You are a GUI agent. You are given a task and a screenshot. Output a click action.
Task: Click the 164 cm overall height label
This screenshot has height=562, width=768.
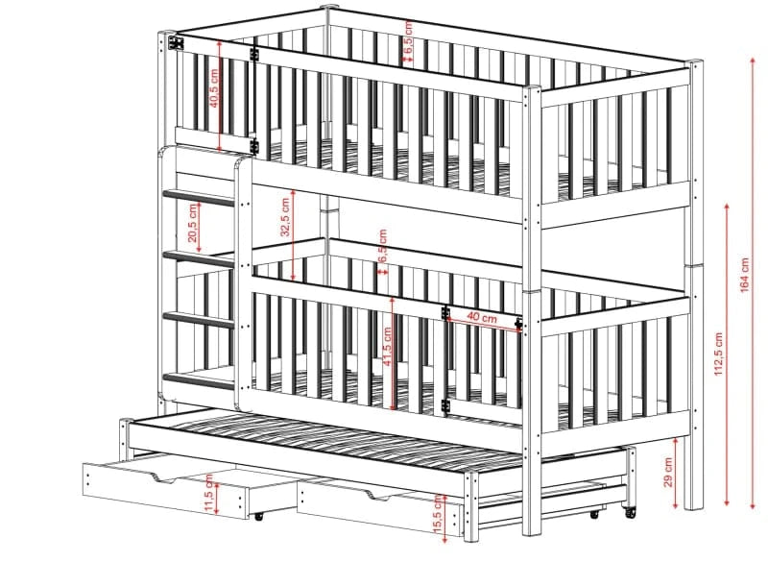click(745, 275)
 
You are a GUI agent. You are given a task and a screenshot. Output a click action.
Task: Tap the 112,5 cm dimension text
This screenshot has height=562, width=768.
click(718, 354)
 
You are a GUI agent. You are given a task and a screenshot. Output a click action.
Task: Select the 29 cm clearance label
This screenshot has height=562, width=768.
click(667, 473)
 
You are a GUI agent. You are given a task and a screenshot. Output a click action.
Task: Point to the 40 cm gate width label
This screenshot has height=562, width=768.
click(481, 317)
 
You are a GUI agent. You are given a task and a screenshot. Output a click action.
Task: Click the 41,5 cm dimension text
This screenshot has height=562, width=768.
click(387, 347)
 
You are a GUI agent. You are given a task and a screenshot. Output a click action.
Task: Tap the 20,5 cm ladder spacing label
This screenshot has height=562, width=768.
click(193, 223)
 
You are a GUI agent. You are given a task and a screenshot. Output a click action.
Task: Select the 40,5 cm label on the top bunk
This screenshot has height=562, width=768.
click(213, 88)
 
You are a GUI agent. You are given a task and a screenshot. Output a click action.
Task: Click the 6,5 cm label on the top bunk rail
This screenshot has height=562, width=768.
click(409, 35)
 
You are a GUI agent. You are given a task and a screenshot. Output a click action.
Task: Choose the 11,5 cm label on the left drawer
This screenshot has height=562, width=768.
click(209, 494)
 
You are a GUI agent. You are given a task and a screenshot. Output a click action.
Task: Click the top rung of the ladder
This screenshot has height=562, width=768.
click(199, 197)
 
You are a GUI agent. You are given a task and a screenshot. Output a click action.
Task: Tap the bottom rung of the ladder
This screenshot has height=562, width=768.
click(199, 380)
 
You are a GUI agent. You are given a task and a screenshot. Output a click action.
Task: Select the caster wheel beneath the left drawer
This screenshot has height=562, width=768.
click(258, 516)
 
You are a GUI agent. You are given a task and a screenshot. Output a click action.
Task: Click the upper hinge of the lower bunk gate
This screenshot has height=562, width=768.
click(445, 313)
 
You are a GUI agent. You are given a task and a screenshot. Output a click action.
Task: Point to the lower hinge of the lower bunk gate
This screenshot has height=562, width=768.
click(445, 405)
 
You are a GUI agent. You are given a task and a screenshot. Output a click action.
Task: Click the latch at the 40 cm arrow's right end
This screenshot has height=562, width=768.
click(518, 323)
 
